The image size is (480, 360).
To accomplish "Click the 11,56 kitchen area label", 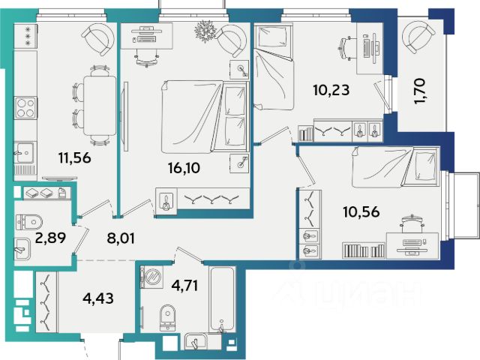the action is coord(75,158).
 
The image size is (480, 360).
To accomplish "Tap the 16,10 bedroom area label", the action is coord(184,168).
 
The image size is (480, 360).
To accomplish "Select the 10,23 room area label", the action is coord(331,90).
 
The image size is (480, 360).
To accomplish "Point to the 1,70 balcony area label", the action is coord(419,91).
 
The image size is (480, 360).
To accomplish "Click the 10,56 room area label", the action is coord(361,211).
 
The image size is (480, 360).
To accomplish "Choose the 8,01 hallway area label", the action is coord(121,238).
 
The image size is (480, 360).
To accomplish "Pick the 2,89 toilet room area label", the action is coord(50,238).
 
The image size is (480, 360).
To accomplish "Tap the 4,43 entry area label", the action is coord(98,298).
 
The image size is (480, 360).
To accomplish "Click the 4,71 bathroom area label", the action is coord(184,285).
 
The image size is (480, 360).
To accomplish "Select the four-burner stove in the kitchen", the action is coord(25,108).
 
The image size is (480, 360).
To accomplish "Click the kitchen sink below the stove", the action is coord(25,152).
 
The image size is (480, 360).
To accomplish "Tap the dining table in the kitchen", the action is coord(100,105).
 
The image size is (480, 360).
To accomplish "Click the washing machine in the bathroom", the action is coord(151,277).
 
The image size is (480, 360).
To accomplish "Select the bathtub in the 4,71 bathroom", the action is coord(222,299).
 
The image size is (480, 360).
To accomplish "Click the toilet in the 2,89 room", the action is coord(29,222).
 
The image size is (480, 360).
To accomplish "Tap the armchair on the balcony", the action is coord(418,35).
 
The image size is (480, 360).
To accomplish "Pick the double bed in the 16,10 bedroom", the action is coord(205,117).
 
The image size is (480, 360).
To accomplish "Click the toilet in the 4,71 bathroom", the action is coord(168,318).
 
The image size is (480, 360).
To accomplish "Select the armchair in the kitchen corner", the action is coord(98,39).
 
